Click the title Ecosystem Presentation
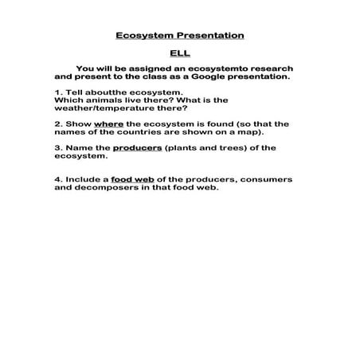(179, 36)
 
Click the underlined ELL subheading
(179, 54)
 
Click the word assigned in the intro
(143, 69)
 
